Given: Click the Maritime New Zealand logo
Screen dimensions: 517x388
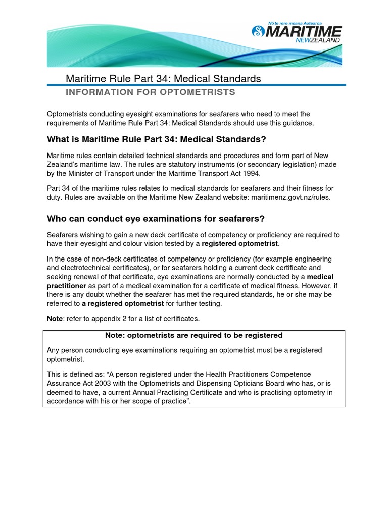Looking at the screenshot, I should pyautogui.click(x=297, y=32).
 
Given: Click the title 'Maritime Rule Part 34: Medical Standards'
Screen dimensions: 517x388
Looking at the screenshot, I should pyautogui.click(x=164, y=79).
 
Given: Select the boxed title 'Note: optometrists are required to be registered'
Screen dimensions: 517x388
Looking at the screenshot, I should pyautogui.click(x=193, y=335).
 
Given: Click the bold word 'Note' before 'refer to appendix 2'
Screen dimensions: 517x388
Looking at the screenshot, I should pyautogui.click(x=56, y=318).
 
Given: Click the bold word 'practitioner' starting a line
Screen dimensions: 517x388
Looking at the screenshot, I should pyautogui.click(x=67, y=286).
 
